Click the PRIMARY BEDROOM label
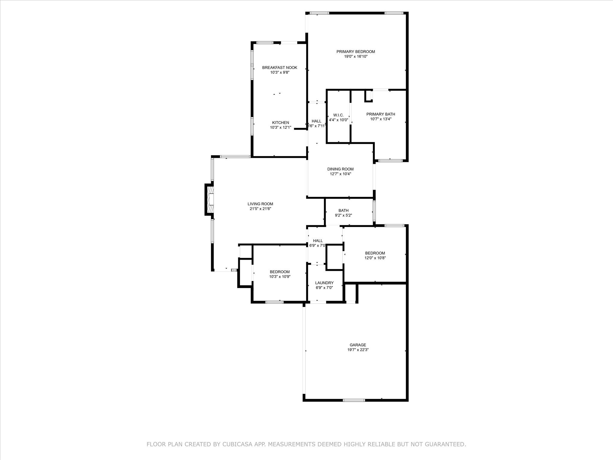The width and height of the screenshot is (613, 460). (x=356, y=52)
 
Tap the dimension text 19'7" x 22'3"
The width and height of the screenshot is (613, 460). (x=358, y=350)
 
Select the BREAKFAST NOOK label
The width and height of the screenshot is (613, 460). (x=280, y=68)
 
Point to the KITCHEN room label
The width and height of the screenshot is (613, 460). (x=280, y=122)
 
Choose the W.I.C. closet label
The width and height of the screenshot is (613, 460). (x=338, y=115)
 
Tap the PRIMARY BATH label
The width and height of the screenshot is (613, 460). (x=381, y=114)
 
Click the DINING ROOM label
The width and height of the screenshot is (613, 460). (x=340, y=169)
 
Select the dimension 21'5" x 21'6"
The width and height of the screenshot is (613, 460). (x=260, y=209)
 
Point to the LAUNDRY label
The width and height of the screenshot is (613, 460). (x=324, y=283)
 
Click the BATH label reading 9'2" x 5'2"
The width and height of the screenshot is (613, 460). (x=343, y=211)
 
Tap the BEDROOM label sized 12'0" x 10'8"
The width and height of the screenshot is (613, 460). (x=375, y=253)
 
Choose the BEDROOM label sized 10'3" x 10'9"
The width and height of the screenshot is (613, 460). (x=280, y=272)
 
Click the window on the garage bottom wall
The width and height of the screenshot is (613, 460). (x=354, y=400)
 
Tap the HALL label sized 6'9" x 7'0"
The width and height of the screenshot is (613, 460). (x=318, y=241)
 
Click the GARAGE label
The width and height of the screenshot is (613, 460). (x=358, y=345)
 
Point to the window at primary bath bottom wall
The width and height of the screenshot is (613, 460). (x=390, y=161)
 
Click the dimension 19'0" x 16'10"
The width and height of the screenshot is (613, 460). (x=356, y=56)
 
